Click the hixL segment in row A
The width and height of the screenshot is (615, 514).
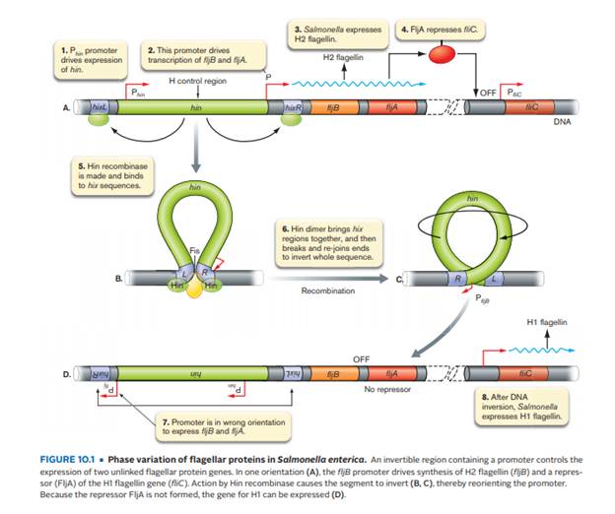[100, 105]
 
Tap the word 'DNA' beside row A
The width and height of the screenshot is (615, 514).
[562, 122]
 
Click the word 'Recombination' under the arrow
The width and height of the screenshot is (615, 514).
[327, 290]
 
